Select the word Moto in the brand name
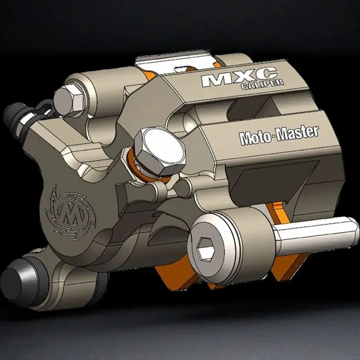click(x=254, y=138)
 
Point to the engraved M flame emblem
click(x=70, y=213)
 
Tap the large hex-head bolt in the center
click(x=160, y=151)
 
